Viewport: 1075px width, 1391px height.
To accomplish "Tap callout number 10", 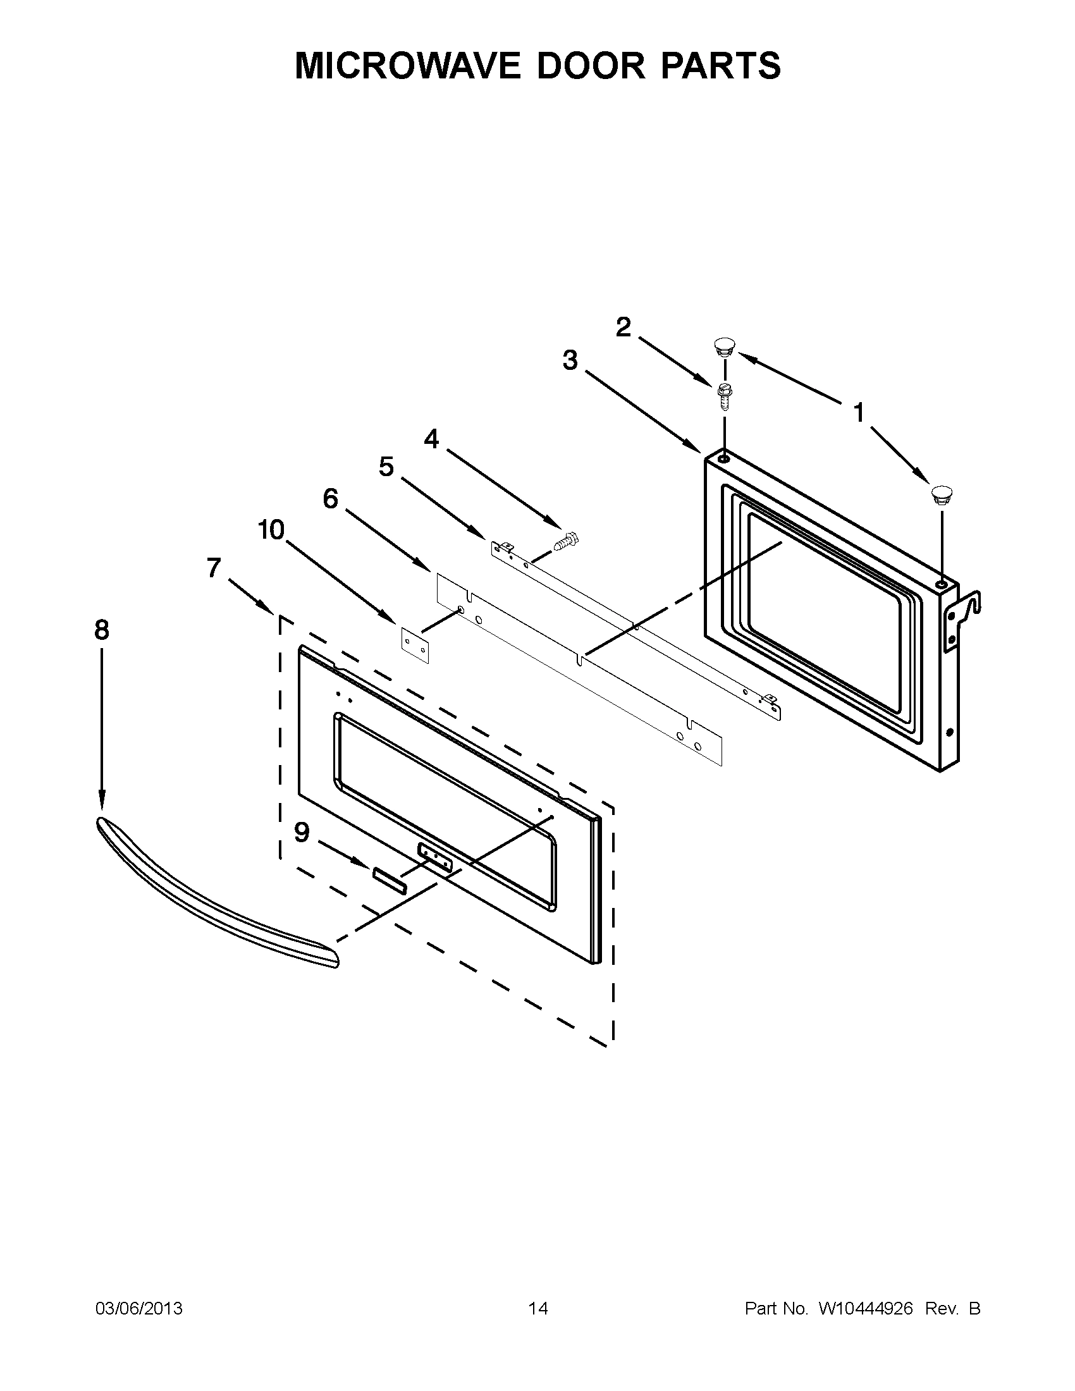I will coord(271,530).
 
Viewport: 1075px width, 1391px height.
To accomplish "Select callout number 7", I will coord(214,568).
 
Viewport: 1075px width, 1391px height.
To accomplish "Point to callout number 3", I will coord(570,360).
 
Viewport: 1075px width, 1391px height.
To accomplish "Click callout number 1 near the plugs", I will coord(859,414).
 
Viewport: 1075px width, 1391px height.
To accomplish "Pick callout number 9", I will coord(302,832).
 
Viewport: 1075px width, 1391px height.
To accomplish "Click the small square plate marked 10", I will coord(415,644).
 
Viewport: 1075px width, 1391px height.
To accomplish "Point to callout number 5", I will coord(386,467).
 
